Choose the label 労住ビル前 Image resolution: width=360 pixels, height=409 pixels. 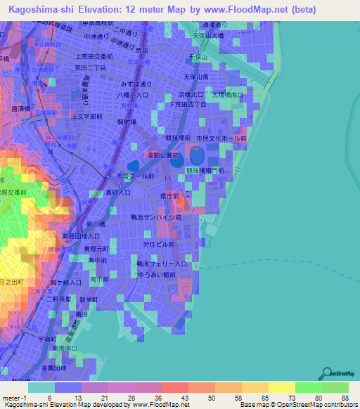pyautogui.click(x=159, y=245)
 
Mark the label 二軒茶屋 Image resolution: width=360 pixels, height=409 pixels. pyautogui.click(x=59, y=298)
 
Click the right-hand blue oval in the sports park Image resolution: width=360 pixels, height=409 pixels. pyautogui.click(x=196, y=154)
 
